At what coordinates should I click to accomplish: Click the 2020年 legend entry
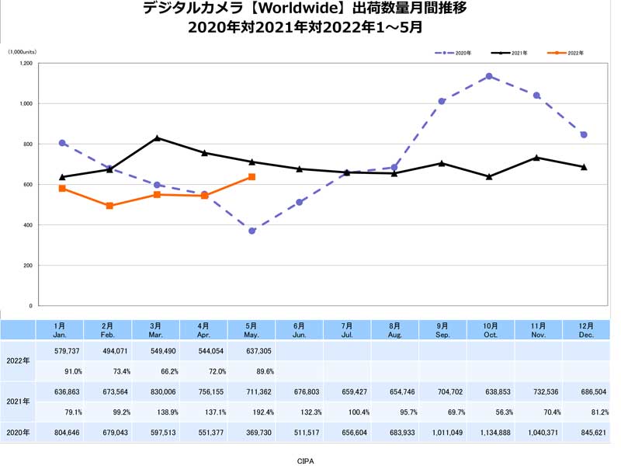[x=458, y=53]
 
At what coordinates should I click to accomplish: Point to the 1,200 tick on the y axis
[x=26, y=63]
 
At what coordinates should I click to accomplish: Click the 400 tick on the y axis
[x=28, y=225]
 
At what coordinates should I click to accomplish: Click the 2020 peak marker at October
[x=489, y=76]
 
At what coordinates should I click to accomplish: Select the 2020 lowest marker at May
[x=252, y=231]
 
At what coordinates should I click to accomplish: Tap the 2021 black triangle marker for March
[x=158, y=137]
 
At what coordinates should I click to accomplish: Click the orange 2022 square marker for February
[x=109, y=206]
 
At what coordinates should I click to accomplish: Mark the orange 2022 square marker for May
[x=252, y=177]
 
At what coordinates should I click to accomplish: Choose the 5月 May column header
[x=252, y=329]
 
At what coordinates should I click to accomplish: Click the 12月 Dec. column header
[x=586, y=329]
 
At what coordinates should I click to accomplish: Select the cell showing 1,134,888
[x=491, y=432]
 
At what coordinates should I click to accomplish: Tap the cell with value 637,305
[x=252, y=350]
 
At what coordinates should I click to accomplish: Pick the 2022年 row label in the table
[x=18, y=360]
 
